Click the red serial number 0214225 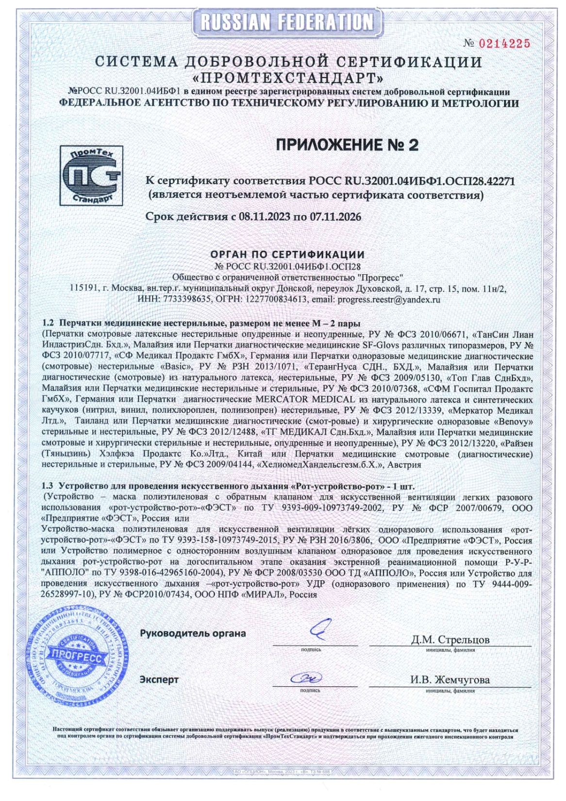(504, 44)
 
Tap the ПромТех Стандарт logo (91, 175)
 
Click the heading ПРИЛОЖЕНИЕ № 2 (347, 144)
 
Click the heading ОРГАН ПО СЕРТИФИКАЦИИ (287, 255)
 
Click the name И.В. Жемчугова (449, 680)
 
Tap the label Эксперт (159, 680)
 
